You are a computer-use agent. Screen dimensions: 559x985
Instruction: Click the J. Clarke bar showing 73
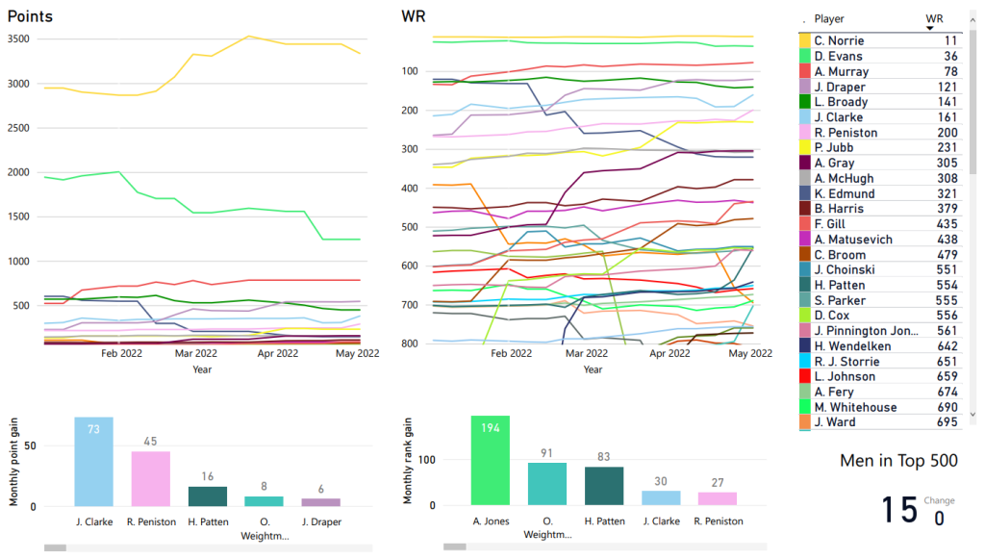[93, 462]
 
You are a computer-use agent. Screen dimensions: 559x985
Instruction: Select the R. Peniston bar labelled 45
[150, 478]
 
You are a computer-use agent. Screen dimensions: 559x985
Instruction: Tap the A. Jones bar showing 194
[490, 460]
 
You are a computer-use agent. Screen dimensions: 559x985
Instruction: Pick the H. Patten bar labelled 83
[603, 486]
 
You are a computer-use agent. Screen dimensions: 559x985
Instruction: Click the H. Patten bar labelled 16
[207, 496]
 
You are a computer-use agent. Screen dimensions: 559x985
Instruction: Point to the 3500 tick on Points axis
[20, 39]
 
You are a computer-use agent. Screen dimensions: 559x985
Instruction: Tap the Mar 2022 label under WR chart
[587, 354]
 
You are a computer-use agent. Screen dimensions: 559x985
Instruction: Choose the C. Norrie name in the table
[839, 40]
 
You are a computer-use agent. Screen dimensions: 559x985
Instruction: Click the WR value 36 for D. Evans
[950, 56]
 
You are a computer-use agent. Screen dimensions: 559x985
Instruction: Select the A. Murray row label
[841, 71]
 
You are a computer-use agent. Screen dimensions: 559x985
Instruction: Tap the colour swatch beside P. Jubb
[804, 147]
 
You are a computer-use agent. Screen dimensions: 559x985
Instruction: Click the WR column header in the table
[934, 18]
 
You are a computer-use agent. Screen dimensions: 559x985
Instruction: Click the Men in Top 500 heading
[898, 461]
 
